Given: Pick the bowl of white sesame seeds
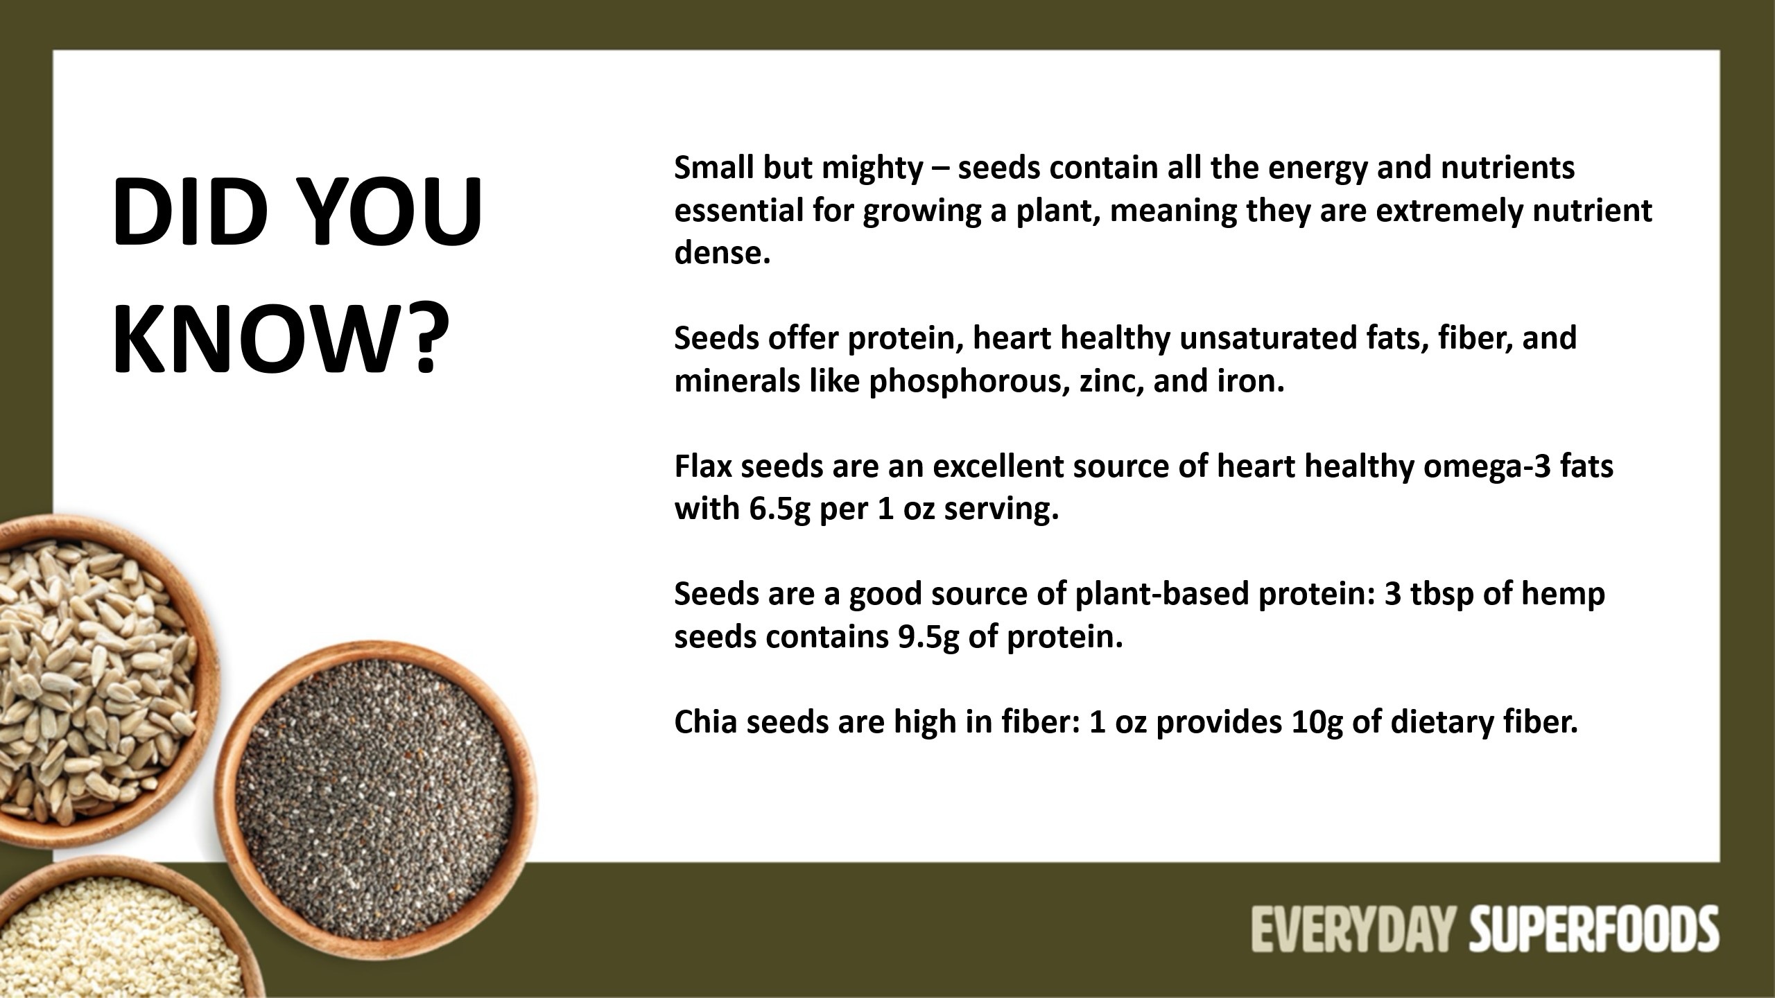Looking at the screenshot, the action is pyautogui.click(x=118, y=932).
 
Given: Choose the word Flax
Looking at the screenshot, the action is pyautogui.click(x=703, y=466).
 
